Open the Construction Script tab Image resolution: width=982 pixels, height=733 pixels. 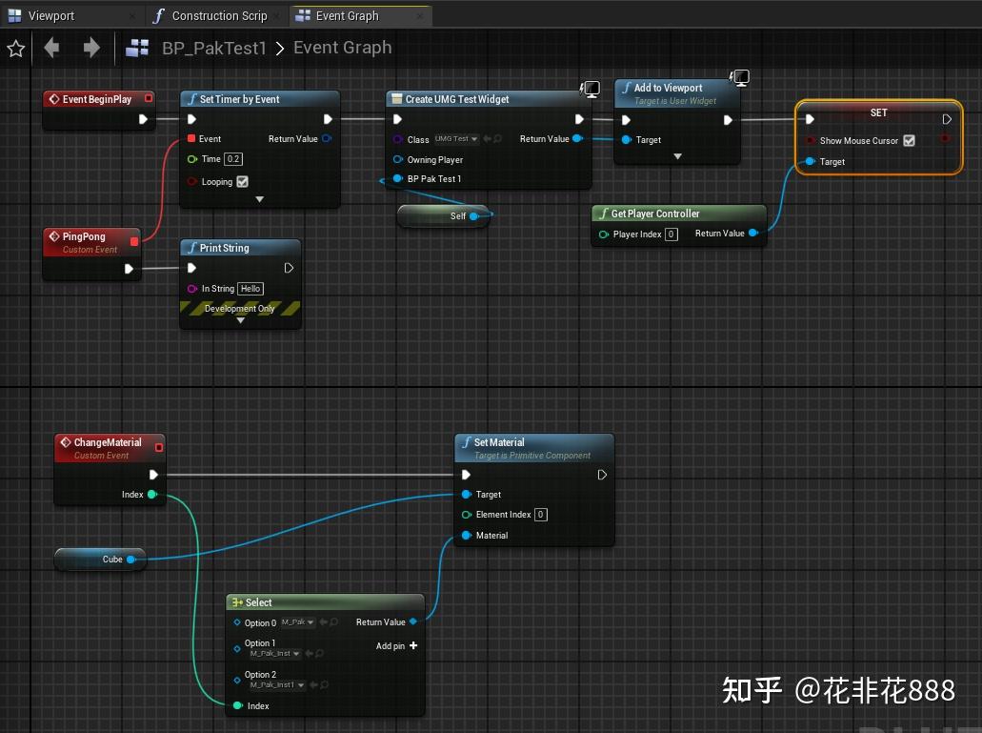(x=218, y=16)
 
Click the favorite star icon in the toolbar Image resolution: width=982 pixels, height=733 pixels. (x=15, y=49)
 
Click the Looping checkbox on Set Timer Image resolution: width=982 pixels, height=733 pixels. (x=242, y=182)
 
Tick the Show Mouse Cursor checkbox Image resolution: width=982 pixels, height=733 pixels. (x=909, y=141)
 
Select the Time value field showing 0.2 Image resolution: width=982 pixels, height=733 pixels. (x=233, y=159)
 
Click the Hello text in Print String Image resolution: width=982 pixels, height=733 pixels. (x=251, y=289)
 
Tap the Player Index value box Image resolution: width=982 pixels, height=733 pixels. (x=671, y=234)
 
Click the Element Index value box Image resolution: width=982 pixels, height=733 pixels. (x=541, y=515)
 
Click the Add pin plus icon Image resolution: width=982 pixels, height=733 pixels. (x=413, y=646)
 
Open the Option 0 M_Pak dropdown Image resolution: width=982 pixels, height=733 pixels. (x=297, y=622)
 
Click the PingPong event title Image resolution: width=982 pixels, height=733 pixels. (x=84, y=236)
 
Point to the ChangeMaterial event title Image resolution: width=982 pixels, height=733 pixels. (x=107, y=442)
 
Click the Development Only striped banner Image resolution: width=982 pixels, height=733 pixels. (x=240, y=309)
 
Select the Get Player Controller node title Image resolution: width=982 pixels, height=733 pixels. (x=654, y=214)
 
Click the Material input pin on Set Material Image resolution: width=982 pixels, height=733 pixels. (x=467, y=536)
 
